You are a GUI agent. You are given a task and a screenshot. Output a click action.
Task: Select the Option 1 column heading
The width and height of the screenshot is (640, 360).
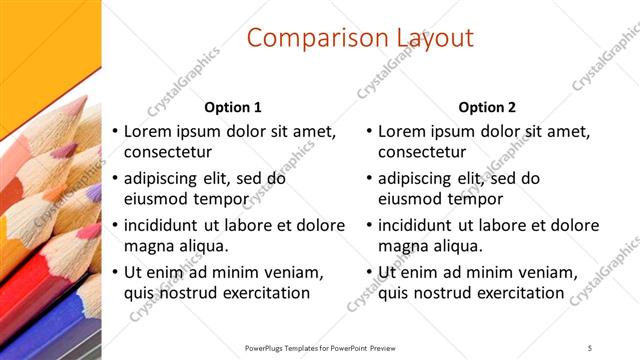point(233,107)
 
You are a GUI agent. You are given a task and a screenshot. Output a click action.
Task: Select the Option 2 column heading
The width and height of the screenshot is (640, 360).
point(488,107)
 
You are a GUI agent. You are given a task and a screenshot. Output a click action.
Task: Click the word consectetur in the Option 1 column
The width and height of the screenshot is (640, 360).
point(168,152)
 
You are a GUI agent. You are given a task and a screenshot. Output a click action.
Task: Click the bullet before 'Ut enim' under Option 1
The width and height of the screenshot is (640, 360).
point(115,273)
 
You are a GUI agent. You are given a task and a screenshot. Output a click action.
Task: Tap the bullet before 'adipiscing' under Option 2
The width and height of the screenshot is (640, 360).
point(370,180)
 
